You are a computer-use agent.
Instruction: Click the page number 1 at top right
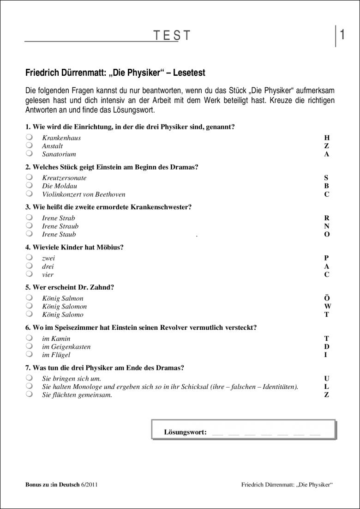click(x=342, y=35)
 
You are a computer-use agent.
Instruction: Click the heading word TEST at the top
click(x=172, y=36)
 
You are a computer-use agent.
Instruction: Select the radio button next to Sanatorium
click(x=30, y=154)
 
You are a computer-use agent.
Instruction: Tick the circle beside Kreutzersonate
click(x=30, y=177)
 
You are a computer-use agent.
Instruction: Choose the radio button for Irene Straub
click(x=30, y=226)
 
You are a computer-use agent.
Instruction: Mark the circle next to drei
click(x=30, y=266)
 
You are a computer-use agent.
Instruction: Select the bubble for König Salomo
click(x=30, y=315)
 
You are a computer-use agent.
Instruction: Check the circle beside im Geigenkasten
click(x=30, y=346)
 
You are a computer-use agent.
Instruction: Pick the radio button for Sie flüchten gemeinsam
click(x=30, y=395)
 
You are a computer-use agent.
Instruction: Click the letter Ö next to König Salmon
click(x=327, y=298)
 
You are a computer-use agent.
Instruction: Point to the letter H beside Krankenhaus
click(x=327, y=138)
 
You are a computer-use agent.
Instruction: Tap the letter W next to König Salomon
click(x=327, y=306)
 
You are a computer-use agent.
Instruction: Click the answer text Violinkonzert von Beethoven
click(x=84, y=194)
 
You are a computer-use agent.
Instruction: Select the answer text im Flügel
click(x=56, y=355)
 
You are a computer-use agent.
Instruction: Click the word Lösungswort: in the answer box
click(x=185, y=432)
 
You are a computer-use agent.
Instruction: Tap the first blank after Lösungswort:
click(x=217, y=433)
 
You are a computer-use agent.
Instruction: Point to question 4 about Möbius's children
click(x=74, y=247)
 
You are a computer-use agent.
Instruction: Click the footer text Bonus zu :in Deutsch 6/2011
click(x=61, y=485)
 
